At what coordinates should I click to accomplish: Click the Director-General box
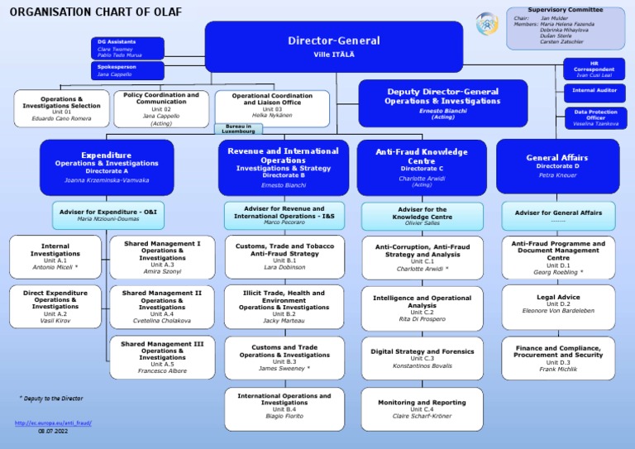[x=333, y=46]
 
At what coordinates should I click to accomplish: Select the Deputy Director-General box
[x=442, y=103]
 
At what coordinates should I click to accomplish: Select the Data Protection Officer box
[x=595, y=117]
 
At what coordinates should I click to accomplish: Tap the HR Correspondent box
[x=594, y=69]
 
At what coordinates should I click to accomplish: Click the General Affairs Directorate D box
[x=558, y=165]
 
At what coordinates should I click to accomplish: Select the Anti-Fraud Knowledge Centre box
[x=422, y=165]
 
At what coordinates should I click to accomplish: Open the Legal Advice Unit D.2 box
[x=558, y=303]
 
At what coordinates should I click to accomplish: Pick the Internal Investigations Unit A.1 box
[x=56, y=256]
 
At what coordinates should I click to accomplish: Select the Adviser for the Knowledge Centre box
[x=422, y=215]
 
